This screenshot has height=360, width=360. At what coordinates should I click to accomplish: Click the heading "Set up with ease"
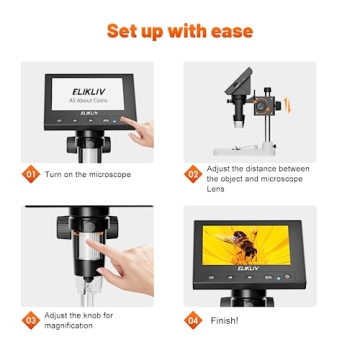click(x=179, y=29)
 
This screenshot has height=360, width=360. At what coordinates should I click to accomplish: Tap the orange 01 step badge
click(x=31, y=174)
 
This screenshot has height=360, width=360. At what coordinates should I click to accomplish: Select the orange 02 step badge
click(x=193, y=173)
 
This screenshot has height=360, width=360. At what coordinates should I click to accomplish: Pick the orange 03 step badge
click(x=31, y=321)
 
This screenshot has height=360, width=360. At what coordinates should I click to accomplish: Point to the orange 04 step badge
click(x=193, y=320)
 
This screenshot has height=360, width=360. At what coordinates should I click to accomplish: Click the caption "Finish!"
click(x=226, y=320)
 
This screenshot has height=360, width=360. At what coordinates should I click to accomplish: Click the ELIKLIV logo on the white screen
click(x=85, y=88)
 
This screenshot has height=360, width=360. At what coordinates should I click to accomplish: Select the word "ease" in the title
click(x=226, y=29)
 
